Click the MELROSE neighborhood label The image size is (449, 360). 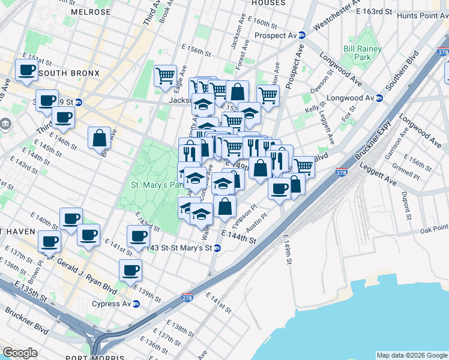(91, 12)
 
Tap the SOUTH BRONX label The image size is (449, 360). (64, 73)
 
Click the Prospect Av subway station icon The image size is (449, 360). (303, 35)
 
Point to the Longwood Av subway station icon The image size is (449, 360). (379, 98)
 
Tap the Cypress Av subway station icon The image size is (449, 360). (136, 304)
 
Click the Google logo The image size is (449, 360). (20, 352)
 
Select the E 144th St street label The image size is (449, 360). (238, 236)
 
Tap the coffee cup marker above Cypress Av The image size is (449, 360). (130, 270)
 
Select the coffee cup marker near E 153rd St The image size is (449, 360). (26, 70)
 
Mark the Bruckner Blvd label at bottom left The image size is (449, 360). (27, 320)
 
